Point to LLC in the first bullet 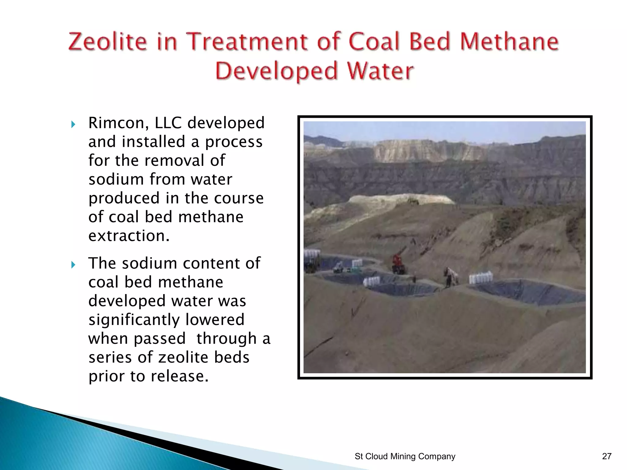point(168,123)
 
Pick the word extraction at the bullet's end point(129,236)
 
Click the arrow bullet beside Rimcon point(73,124)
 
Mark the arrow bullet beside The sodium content point(73,264)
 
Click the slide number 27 point(606,456)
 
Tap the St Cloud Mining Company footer point(405,456)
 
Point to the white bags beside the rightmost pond point(480,278)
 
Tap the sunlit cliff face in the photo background point(429,151)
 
